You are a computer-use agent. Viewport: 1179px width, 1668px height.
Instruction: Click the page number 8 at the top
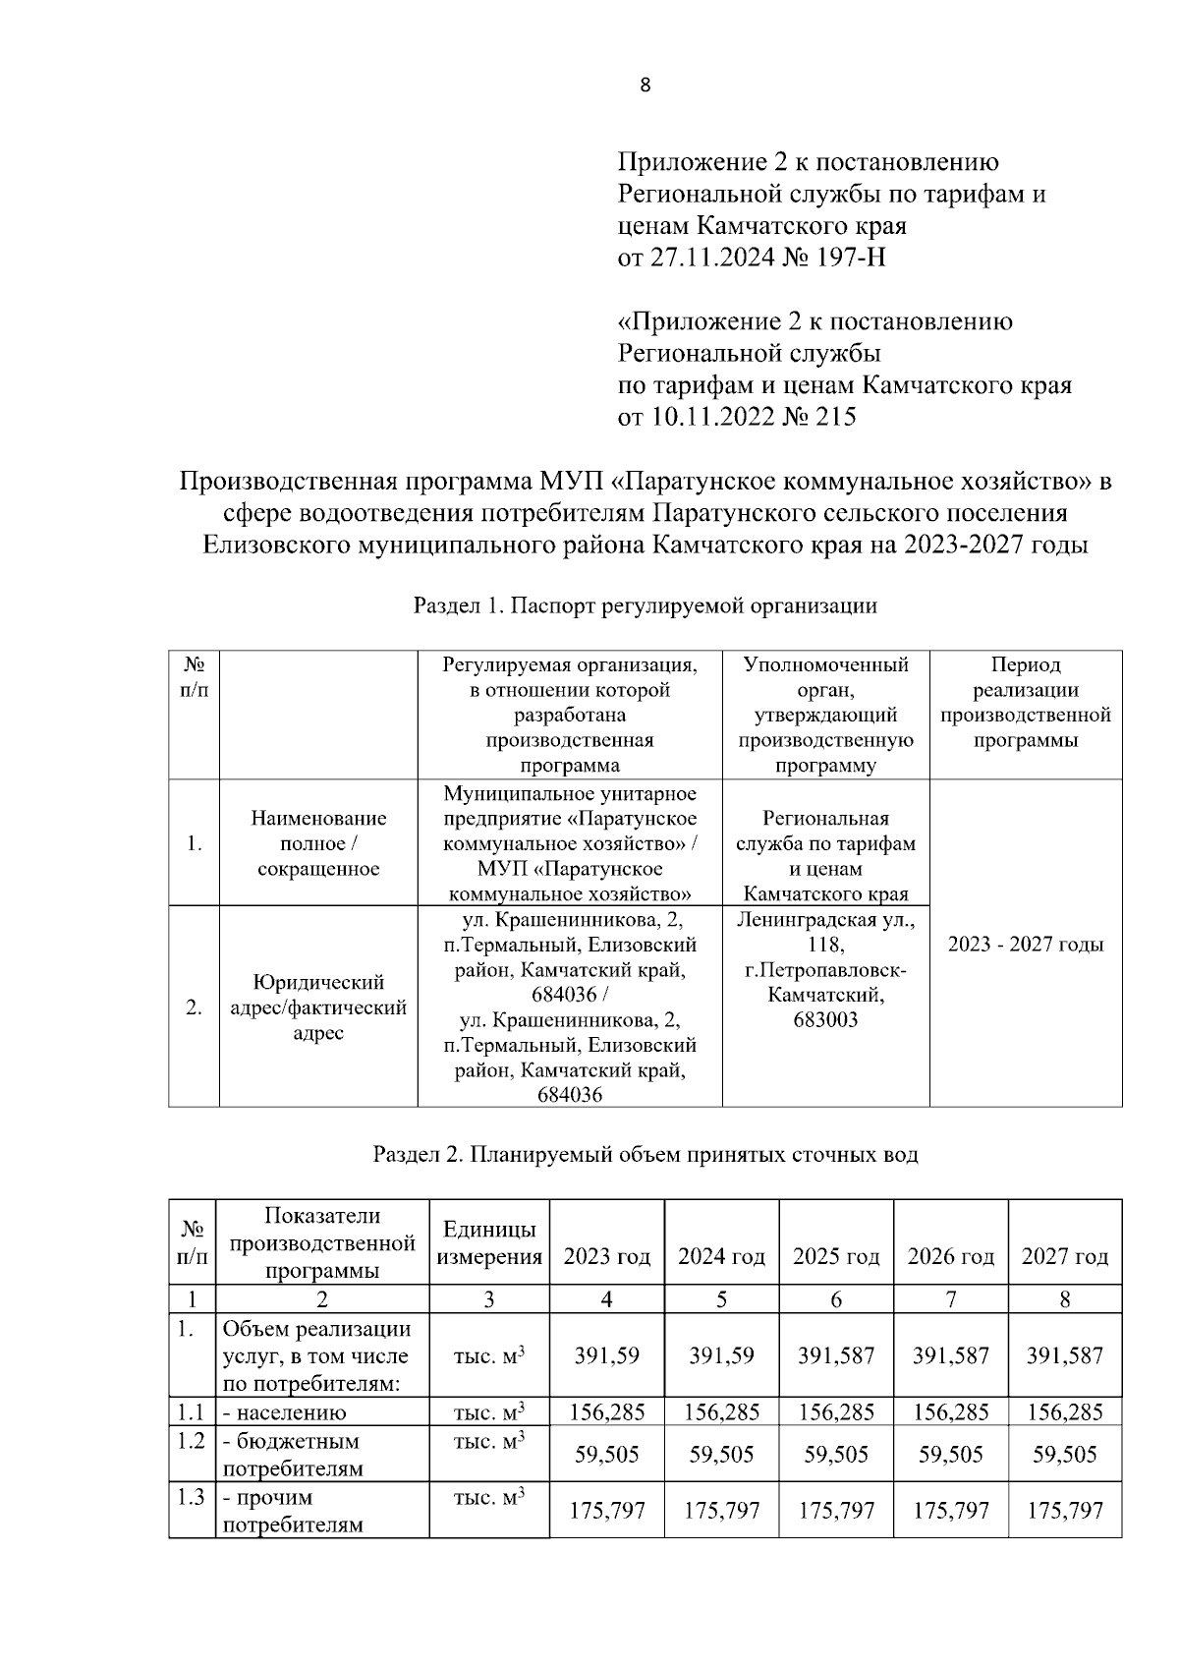pos(645,86)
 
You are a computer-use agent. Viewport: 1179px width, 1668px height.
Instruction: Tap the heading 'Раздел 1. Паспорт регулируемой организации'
pos(645,605)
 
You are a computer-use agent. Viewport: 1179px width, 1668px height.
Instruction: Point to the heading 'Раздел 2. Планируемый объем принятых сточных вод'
pos(645,1154)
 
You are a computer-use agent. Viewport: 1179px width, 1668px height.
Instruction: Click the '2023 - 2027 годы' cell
pos(1025,945)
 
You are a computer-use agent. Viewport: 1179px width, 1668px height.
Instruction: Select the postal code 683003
pos(824,1020)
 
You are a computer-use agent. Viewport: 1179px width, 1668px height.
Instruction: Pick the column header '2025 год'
pos(835,1256)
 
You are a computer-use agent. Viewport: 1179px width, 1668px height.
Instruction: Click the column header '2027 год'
pos(1064,1256)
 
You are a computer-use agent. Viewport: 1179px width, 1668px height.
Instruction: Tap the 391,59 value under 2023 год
pos(606,1355)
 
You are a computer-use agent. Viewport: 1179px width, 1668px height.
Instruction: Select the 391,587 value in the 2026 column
pos(950,1355)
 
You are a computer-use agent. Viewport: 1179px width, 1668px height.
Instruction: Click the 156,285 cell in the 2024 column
pos(721,1412)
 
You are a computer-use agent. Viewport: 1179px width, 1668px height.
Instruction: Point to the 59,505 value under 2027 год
pos(1064,1454)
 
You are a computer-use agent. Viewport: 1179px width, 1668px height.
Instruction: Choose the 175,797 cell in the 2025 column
pos(835,1510)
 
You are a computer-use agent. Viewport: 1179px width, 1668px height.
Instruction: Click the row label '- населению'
pos(284,1413)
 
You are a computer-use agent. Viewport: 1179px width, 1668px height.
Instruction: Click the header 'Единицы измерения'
pos(488,1243)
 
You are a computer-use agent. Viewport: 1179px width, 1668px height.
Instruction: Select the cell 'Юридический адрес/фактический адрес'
pos(317,1007)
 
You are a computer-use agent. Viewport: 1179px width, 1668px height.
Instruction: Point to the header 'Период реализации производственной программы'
pos(1025,703)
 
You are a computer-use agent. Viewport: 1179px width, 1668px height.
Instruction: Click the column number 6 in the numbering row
pos(835,1298)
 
